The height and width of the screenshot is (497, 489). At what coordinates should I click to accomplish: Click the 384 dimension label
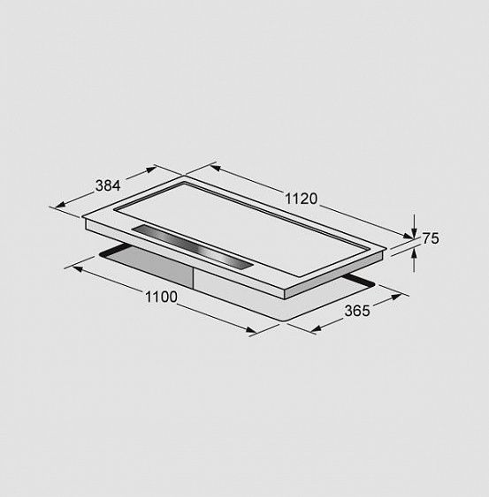coord(108,185)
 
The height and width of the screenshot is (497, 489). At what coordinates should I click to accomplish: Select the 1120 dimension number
coord(301,199)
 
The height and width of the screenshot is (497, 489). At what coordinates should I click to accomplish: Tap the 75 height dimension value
coord(431,238)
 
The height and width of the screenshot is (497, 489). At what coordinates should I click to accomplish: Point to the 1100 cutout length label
coord(161,297)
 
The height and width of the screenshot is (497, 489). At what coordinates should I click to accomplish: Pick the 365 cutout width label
coord(357,311)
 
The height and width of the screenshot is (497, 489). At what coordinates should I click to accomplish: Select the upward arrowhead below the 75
coord(414,253)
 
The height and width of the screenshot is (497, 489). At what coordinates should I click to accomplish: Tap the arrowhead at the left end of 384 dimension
coord(60,205)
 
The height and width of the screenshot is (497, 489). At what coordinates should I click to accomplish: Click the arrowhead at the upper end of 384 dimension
coord(150,169)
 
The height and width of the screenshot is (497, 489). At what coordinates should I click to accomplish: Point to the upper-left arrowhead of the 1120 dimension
coord(215,168)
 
